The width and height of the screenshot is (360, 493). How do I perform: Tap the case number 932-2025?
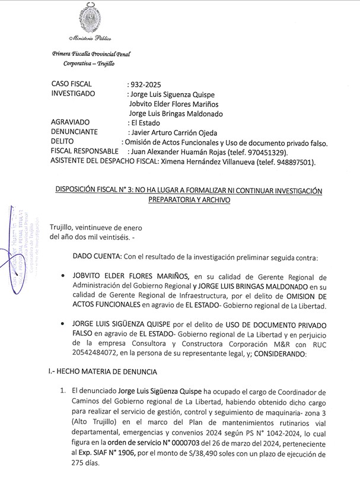144,84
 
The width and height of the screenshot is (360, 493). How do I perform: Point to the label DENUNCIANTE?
78,132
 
